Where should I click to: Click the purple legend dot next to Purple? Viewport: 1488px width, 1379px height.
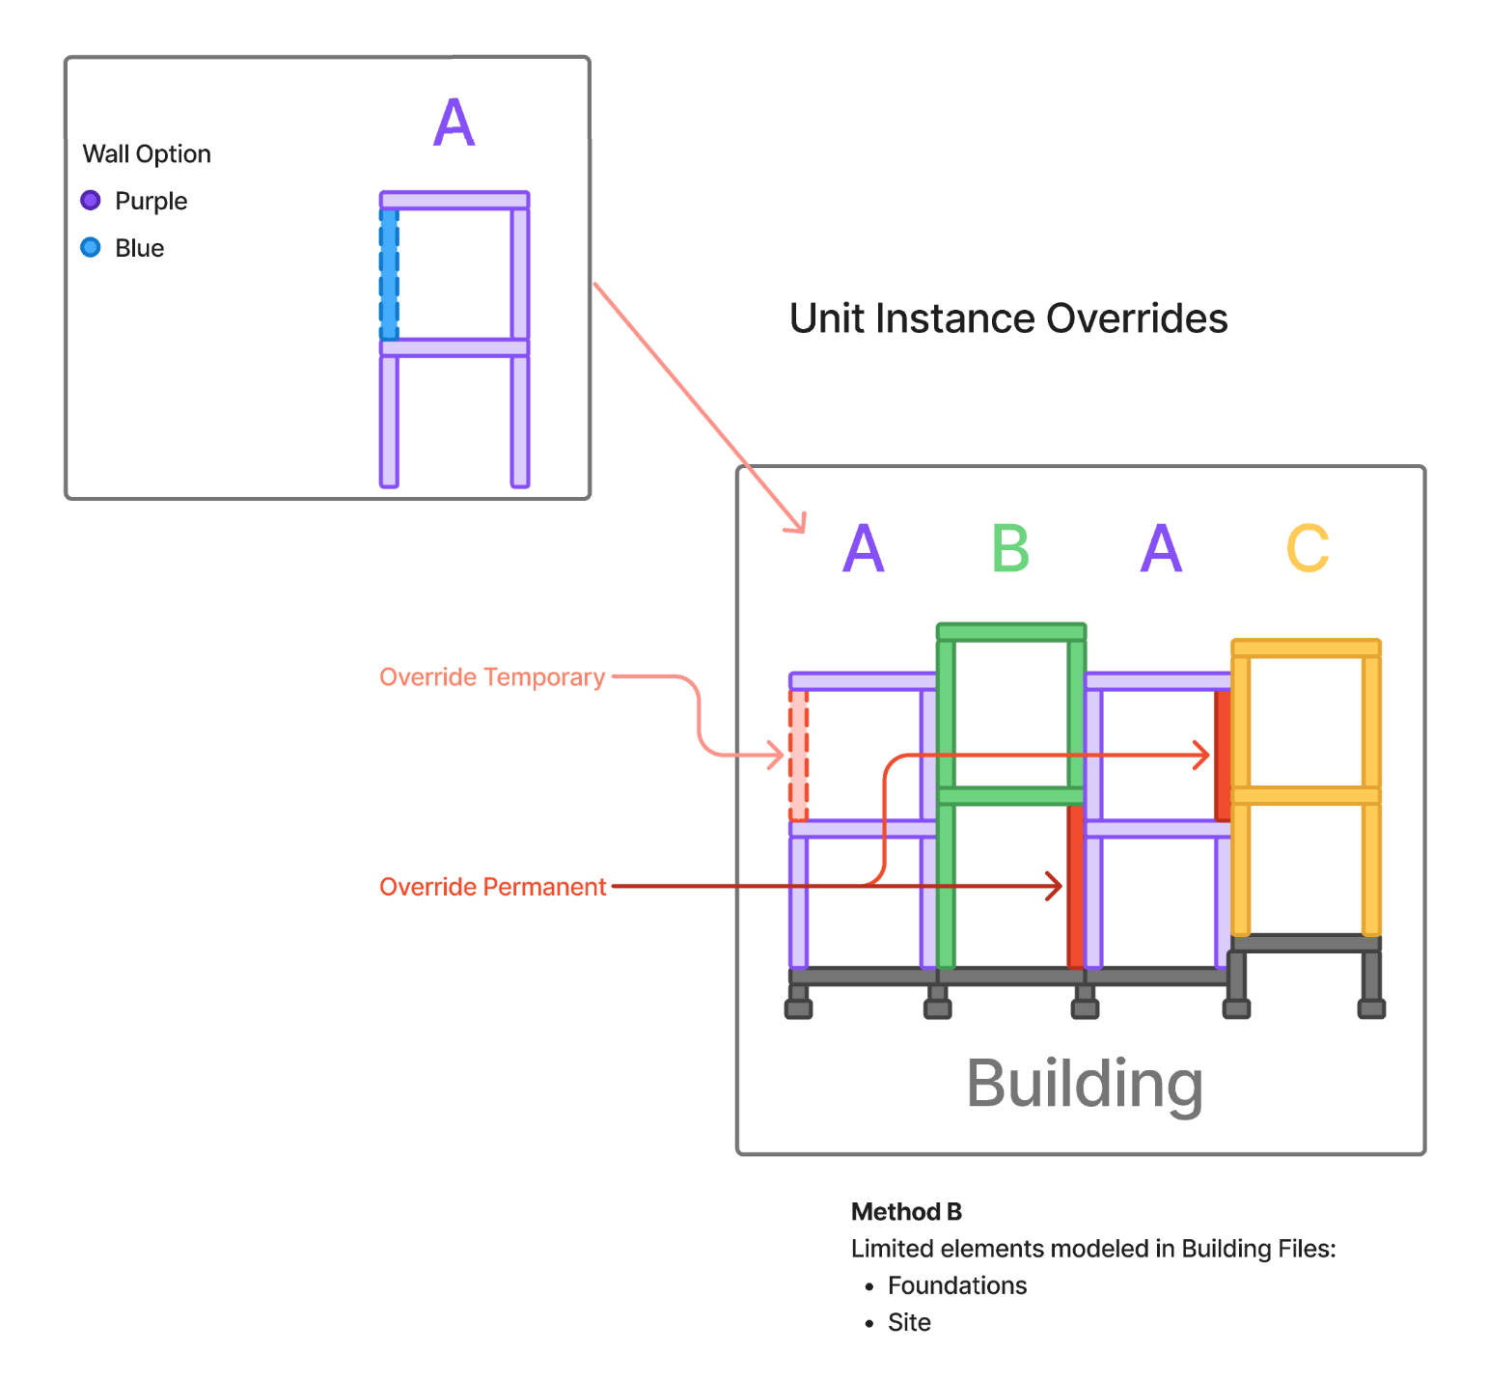coord(91,201)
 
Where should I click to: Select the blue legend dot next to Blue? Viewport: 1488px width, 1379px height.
coord(91,248)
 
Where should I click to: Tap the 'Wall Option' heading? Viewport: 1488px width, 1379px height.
coord(147,154)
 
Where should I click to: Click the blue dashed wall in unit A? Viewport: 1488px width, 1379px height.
coord(389,274)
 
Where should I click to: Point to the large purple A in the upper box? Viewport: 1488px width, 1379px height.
coord(454,123)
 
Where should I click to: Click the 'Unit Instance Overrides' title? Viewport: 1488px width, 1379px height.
coord(1008,318)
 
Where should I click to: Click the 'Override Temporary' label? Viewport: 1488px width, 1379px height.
coord(492,677)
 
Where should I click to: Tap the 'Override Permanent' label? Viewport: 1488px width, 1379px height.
coord(492,887)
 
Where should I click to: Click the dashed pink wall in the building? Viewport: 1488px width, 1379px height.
coord(799,756)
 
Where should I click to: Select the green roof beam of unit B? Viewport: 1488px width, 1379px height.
coord(1011,633)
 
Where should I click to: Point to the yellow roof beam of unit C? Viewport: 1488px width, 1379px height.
coord(1307,648)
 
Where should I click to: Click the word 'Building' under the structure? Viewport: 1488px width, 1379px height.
coord(1085,1084)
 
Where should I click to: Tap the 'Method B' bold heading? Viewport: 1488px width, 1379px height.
coord(906,1212)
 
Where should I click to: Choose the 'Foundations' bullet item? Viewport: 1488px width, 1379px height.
coord(957,1285)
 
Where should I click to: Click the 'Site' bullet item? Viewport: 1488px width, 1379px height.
coord(909,1322)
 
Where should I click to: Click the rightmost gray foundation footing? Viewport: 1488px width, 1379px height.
coord(1371,1008)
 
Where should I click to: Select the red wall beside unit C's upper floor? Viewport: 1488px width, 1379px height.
coord(1223,756)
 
